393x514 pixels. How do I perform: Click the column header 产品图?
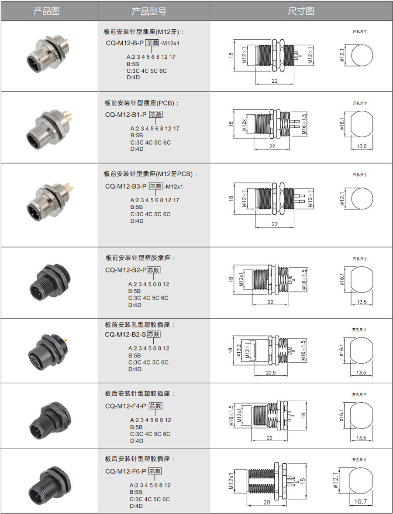pyautogui.click(x=47, y=11)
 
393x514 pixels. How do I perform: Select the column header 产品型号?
pyautogui.click(x=149, y=11)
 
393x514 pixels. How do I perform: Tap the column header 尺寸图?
pyautogui.click(x=301, y=11)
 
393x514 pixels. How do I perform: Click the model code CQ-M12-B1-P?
pyautogui.click(x=126, y=115)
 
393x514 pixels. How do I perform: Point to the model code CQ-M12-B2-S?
pyautogui.click(x=125, y=335)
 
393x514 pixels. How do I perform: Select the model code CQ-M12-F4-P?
pyautogui.click(x=126, y=406)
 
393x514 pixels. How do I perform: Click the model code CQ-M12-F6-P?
pyautogui.click(x=126, y=471)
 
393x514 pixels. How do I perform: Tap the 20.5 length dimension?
pyautogui.click(x=271, y=373)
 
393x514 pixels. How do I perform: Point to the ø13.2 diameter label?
pyautogui.click(x=239, y=351)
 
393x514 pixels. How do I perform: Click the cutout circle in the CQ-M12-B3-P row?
pyautogui.click(x=362, y=198)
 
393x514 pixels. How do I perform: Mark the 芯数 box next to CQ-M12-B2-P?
pyautogui.click(x=153, y=270)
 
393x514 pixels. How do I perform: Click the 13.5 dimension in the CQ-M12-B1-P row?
pyautogui.click(x=362, y=146)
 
